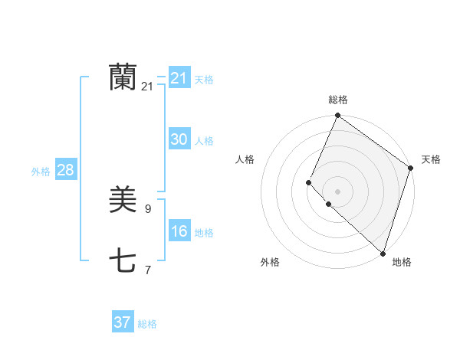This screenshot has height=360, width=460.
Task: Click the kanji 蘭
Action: click(123, 77)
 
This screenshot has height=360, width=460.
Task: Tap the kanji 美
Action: click(123, 201)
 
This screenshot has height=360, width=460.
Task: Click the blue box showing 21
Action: click(179, 78)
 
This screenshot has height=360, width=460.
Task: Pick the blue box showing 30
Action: click(179, 139)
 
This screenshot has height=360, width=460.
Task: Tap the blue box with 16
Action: click(179, 231)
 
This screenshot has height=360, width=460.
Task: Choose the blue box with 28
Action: click(65, 170)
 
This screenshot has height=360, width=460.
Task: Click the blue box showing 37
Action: click(123, 322)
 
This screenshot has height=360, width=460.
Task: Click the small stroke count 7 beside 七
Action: click(147, 270)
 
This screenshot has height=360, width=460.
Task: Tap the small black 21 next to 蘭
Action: click(147, 87)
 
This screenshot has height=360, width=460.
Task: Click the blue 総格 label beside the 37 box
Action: click(147, 324)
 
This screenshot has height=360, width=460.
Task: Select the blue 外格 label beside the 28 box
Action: click(41, 172)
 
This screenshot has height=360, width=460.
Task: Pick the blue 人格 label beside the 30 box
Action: click(204, 141)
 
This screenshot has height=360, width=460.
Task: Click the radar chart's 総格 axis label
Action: click(338, 100)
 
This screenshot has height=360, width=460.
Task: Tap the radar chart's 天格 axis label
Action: click(431, 159)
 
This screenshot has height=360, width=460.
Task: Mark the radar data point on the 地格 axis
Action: click(383, 253)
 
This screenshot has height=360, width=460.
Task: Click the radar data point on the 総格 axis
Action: click(337, 116)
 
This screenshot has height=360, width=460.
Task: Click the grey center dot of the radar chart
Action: click(337, 191)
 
